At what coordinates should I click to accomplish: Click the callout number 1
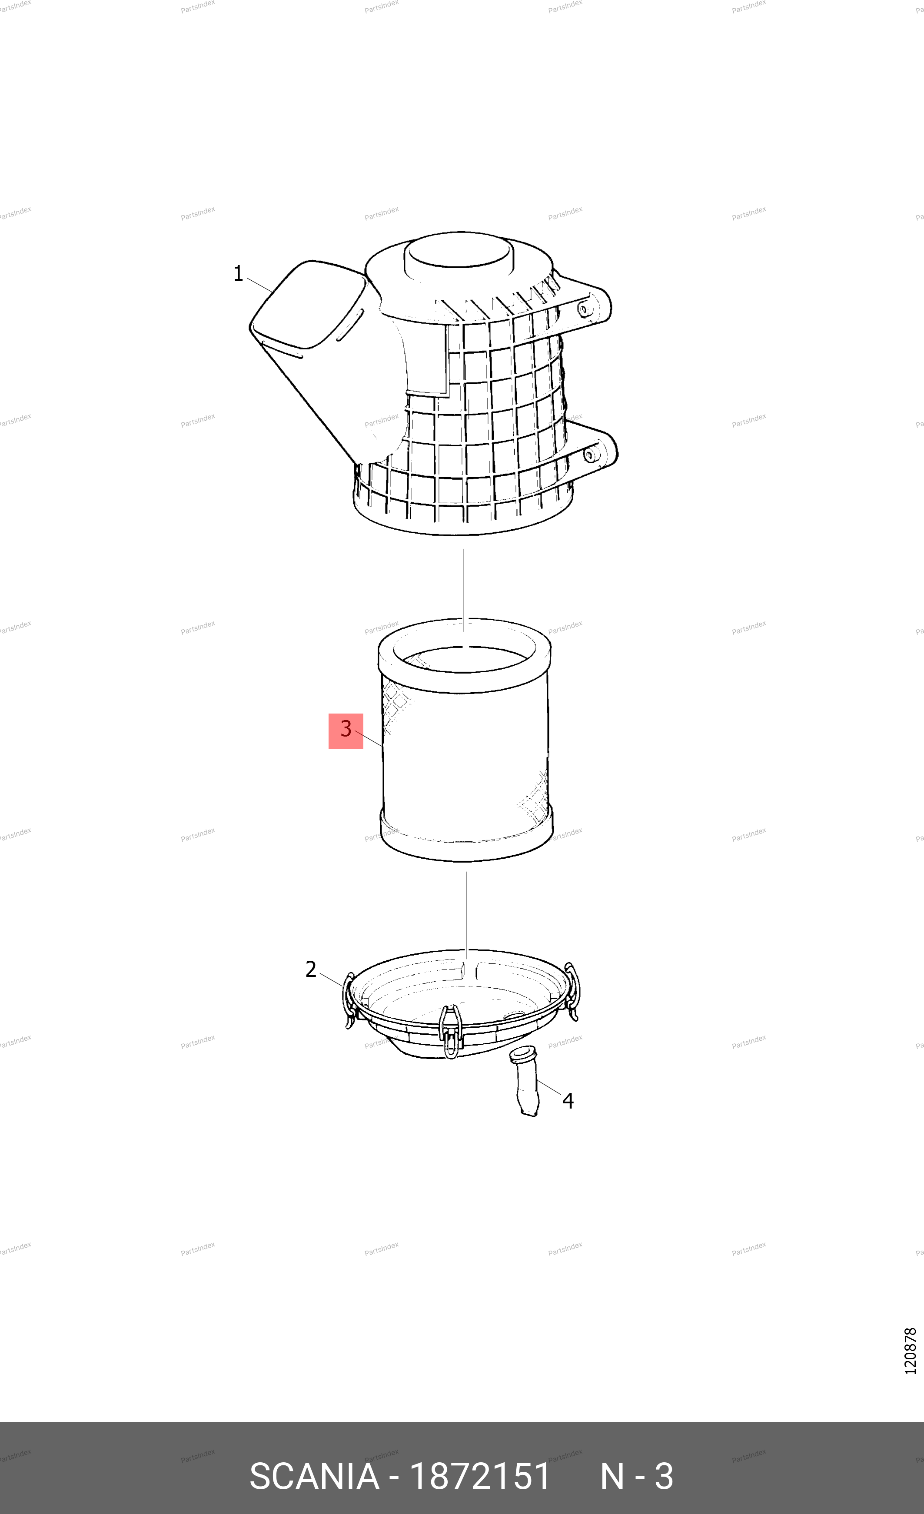click(x=238, y=273)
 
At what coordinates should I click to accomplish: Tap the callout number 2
click(x=311, y=969)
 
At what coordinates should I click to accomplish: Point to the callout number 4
click(x=568, y=1100)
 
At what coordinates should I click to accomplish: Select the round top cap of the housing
click(x=458, y=255)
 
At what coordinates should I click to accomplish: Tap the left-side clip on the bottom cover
click(x=348, y=1000)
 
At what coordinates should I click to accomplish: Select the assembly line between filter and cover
click(x=465, y=914)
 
